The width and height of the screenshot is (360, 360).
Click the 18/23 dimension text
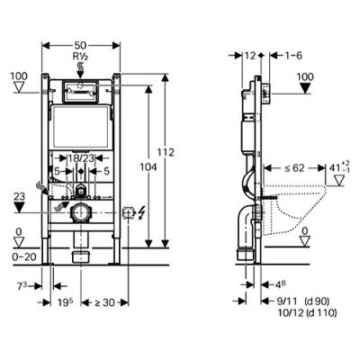click(82, 157)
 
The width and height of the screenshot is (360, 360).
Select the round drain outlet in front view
click(82, 214)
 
